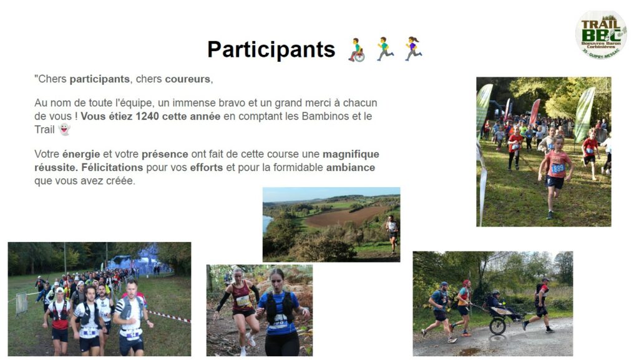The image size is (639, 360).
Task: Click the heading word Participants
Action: pyautogui.click(x=271, y=50)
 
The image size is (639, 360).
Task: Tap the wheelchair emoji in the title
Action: pyautogui.click(x=356, y=50)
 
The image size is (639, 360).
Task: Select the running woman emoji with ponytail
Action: pyautogui.click(x=413, y=49)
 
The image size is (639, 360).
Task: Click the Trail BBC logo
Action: pyautogui.click(x=601, y=35)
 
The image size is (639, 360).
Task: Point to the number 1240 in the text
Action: pyautogui.click(x=147, y=117)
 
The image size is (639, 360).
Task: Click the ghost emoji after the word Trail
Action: pyautogui.click(x=64, y=130)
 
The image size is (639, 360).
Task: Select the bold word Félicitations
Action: pyautogui.click(x=112, y=167)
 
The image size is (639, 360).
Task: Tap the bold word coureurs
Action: pyautogui.click(x=187, y=79)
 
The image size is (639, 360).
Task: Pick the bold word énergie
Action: pyautogui.click(x=81, y=154)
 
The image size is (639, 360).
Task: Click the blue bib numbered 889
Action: pyautogui.click(x=557, y=168)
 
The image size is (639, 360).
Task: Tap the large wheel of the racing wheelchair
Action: pyautogui.click(x=497, y=326)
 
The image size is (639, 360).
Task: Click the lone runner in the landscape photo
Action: pyautogui.click(x=392, y=234)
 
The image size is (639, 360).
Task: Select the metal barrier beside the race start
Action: pyautogui.click(x=22, y=304)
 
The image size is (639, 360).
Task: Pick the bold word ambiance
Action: pyautogui.click(x=351, y=167)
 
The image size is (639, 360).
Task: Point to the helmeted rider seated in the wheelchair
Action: pyautogui.click(x=495, y=302)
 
